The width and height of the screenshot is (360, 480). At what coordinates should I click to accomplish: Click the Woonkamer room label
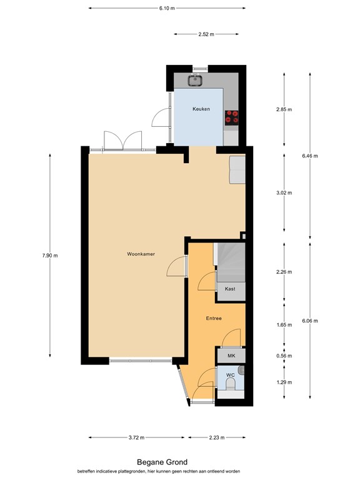point(141,254)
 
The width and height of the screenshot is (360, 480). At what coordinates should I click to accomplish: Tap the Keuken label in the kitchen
point(201,109)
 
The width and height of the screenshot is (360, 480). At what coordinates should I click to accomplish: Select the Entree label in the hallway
point(214,318)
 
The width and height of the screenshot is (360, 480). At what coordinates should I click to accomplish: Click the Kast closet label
point(230,289)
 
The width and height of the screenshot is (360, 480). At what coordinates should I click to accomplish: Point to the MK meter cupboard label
point(231,356)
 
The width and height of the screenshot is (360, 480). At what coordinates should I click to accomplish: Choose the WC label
point(230,376)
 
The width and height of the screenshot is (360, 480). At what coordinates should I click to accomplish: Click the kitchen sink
point(196,79)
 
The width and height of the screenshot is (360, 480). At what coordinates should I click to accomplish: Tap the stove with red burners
point(232,116)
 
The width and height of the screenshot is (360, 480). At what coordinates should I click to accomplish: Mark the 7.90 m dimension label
point(50,255)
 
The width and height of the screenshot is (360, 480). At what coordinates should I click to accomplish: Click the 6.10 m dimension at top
point(166,8)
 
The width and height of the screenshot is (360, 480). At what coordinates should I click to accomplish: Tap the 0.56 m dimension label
point(285,356)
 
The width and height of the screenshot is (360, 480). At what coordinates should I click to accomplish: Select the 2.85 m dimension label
point(284,109)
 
